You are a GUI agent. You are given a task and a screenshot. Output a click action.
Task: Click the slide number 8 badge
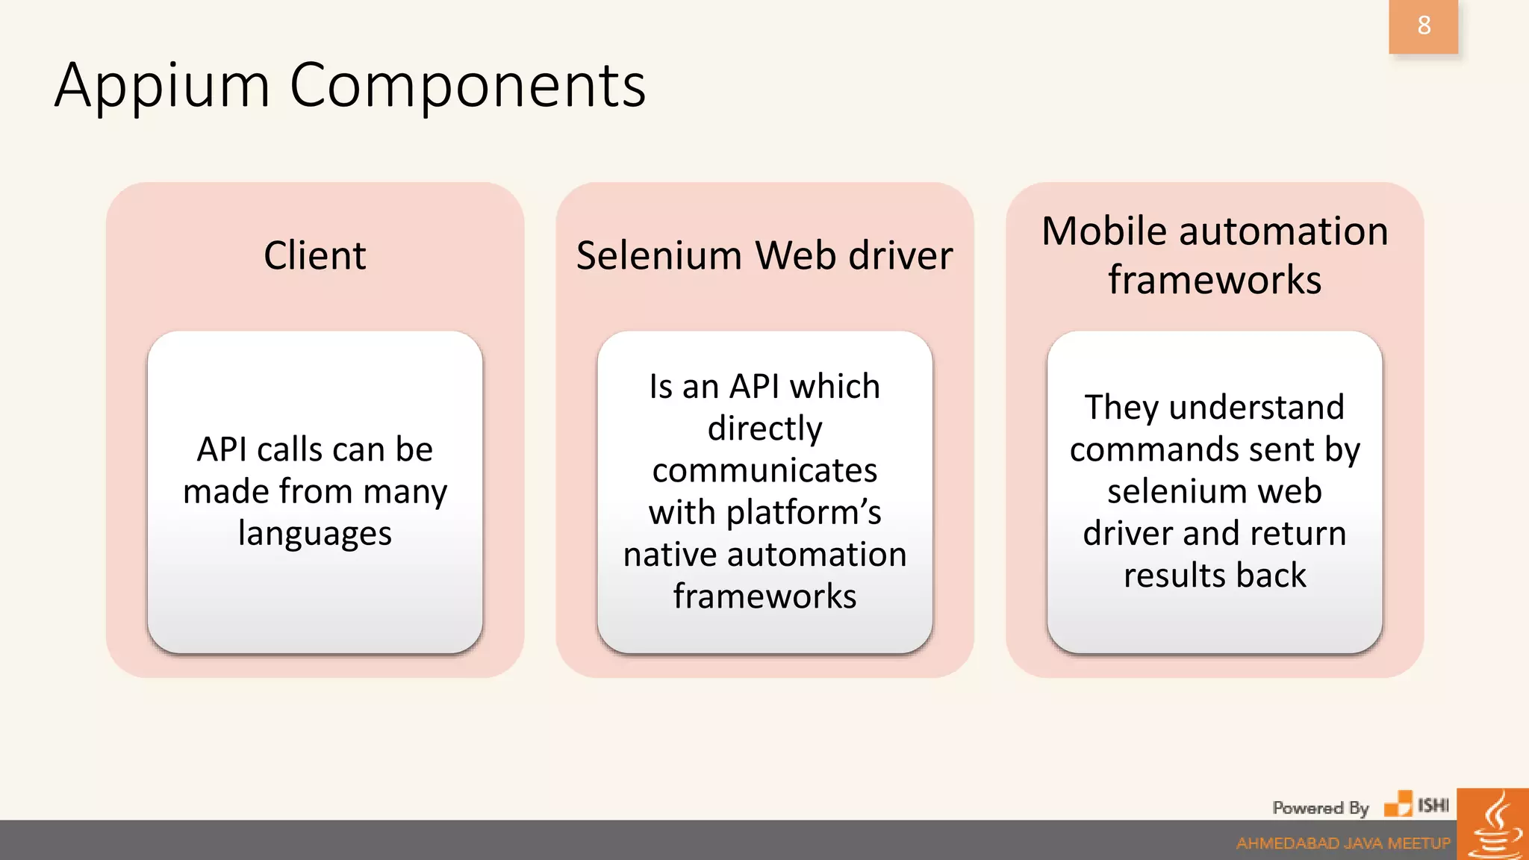[1423, 26]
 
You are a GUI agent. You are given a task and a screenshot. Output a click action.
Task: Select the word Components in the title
[467, 87]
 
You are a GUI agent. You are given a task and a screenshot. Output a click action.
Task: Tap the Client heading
[314, 256]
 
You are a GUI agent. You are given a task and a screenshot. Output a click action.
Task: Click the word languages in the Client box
[314, 534]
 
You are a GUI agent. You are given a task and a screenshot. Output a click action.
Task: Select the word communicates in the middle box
[764, 470]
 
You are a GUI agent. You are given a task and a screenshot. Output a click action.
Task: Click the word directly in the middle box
[764, 429]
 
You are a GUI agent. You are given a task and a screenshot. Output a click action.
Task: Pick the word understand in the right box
[1256, 408]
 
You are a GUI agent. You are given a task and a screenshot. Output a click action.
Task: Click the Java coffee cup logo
[1493, 826]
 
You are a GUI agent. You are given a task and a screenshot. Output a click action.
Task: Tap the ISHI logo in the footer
[1417, 805]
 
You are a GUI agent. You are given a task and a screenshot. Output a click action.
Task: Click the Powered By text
[1320, 808]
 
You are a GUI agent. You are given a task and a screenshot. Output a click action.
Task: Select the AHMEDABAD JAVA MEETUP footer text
[1342, 844]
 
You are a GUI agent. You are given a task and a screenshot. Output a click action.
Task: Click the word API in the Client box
[222, 449]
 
